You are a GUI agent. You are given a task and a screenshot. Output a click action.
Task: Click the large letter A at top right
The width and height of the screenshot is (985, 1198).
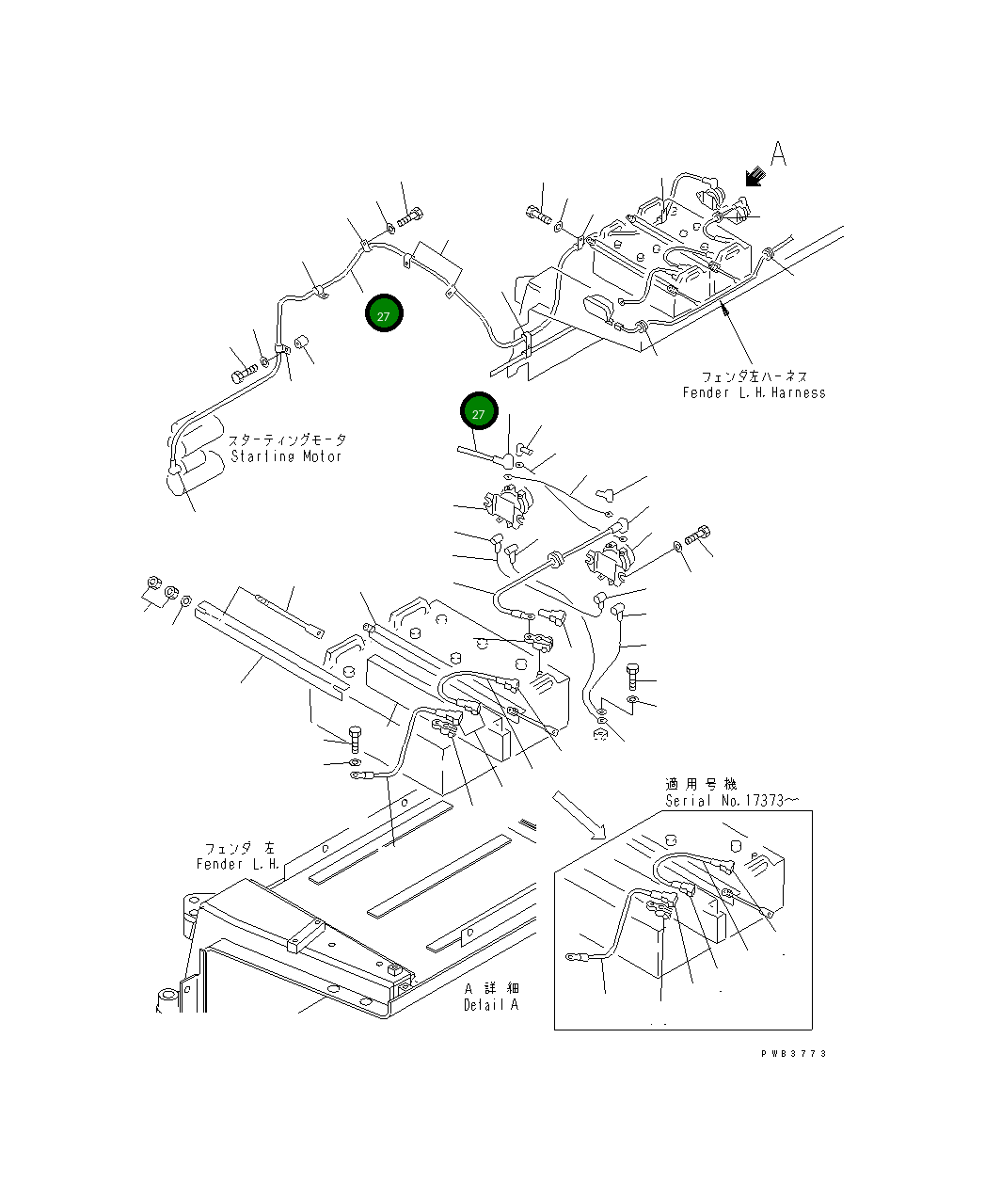click(x=777, y=154)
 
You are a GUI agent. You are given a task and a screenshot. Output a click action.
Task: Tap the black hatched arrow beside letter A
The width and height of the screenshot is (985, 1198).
click(x=754, y=177)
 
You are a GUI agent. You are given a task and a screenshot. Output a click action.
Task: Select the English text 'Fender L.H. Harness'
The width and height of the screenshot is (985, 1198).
click(x=754, y=393)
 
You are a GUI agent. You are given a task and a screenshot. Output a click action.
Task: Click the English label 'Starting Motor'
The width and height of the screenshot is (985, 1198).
click(x=286, y=456)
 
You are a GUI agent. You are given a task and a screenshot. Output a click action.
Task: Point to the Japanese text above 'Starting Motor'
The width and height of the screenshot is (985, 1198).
click(x=287, y=439)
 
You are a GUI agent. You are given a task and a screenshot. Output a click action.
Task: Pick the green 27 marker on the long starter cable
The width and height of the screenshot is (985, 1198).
click(x=384, y=315)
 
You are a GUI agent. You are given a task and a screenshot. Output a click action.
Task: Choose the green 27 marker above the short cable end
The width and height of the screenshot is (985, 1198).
click(x=478, y=412)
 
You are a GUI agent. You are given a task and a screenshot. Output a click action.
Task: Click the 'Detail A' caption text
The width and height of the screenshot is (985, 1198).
click(x=490, y=1005)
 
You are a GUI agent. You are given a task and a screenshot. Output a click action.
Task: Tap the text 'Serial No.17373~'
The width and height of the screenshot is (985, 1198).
click(x=732, y=801)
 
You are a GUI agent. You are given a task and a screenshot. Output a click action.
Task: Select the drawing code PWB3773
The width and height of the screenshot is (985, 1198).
click(x=793, y=1054)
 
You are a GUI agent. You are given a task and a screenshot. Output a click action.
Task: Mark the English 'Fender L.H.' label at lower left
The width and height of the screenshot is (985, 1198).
click(x=238, y=864)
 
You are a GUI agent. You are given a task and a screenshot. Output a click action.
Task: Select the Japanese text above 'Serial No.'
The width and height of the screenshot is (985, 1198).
click(x=701, y=784)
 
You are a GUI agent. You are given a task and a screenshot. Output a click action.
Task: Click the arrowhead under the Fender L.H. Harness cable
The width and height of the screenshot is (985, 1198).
click(x=724, y=309)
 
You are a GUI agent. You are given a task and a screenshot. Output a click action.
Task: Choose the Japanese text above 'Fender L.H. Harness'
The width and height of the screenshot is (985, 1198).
click(x=754, y=376)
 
